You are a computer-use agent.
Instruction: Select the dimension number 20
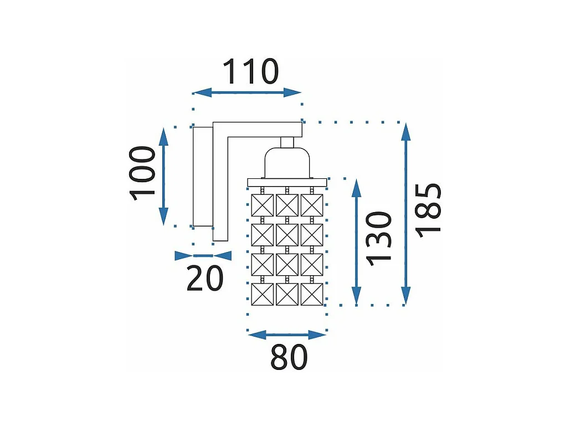204,279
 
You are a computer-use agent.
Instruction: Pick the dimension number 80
289,358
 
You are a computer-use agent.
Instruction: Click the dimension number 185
430,210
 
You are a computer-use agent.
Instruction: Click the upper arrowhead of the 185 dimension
406,133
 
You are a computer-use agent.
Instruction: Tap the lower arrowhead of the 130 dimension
356,295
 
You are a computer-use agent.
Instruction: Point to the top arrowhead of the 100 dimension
163,136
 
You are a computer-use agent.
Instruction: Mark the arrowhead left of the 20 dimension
183,255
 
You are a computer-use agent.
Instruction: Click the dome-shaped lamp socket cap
286,162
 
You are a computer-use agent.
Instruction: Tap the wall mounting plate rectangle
202,176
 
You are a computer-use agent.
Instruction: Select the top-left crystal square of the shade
263,205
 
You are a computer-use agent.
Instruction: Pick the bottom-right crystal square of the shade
312,294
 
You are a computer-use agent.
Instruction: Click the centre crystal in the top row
287,205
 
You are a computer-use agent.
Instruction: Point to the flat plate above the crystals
287,182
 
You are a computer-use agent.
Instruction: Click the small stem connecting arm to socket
287,142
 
